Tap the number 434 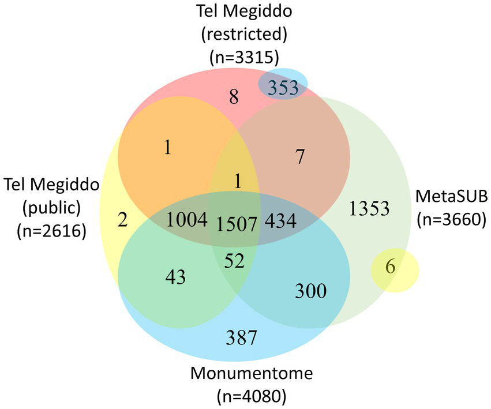281,220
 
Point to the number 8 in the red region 234,96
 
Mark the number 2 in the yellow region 123,220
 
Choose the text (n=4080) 250,397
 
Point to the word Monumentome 251,374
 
